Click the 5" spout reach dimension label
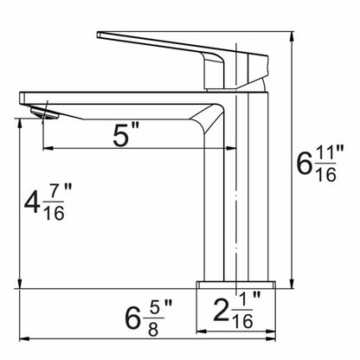coord(126,134)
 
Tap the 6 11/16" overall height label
coord(320,163)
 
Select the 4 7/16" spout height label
coord(48,202)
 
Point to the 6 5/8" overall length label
coord(148,318)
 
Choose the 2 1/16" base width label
coord(237,310)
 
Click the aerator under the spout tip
coord(45,112)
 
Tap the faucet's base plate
coord(236,285)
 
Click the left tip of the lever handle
coord(98,35)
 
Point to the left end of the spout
coord(20,98)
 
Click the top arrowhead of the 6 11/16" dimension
coord(292,35)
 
